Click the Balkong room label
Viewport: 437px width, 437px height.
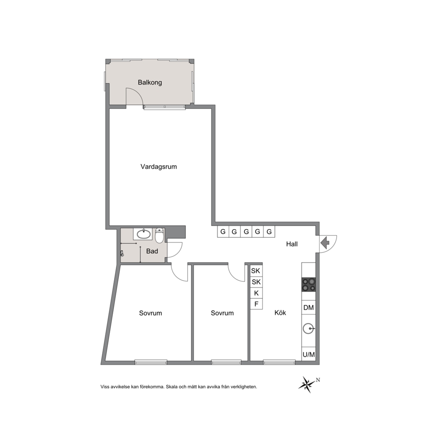pos(150,82)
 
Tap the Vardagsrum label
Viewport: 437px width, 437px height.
pos(159,167)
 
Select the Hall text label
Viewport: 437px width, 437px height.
pos(292,244)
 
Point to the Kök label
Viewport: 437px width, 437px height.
pos(280,313)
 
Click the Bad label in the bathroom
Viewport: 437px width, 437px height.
pos(152,251)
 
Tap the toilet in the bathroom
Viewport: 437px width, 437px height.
pos(159,236)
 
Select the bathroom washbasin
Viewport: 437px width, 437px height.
pos(144,234)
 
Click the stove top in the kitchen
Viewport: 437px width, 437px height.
pos(308,285)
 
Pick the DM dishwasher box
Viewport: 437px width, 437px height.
pos(308,307)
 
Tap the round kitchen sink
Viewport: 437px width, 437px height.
pos(308,329)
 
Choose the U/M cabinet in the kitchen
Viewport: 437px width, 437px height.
pos(308,355)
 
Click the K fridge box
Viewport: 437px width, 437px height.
pos(256,293)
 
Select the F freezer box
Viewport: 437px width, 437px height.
pos(256,304)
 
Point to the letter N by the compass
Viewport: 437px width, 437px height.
pos(318,380)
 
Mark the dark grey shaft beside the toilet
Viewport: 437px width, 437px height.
pos(176,232)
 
